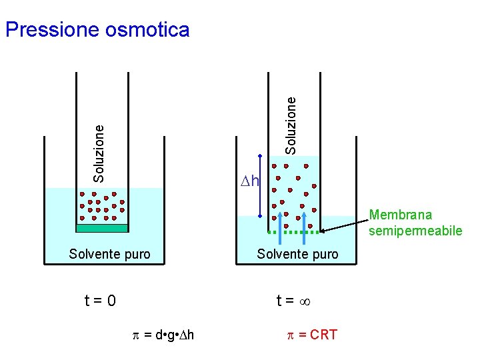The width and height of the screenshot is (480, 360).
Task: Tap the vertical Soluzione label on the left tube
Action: click(99, 153)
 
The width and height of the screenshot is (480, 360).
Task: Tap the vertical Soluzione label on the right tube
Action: click(291, 125)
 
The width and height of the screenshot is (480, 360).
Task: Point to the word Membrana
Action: click(400, 215)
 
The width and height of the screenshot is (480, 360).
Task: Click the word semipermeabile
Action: click(415, 231)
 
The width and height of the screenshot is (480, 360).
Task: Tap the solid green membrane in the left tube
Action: click(101, 228)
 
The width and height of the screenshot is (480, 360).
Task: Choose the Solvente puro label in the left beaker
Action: click(110, 254)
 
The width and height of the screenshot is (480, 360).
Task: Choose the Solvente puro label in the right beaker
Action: click(297, 254)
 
